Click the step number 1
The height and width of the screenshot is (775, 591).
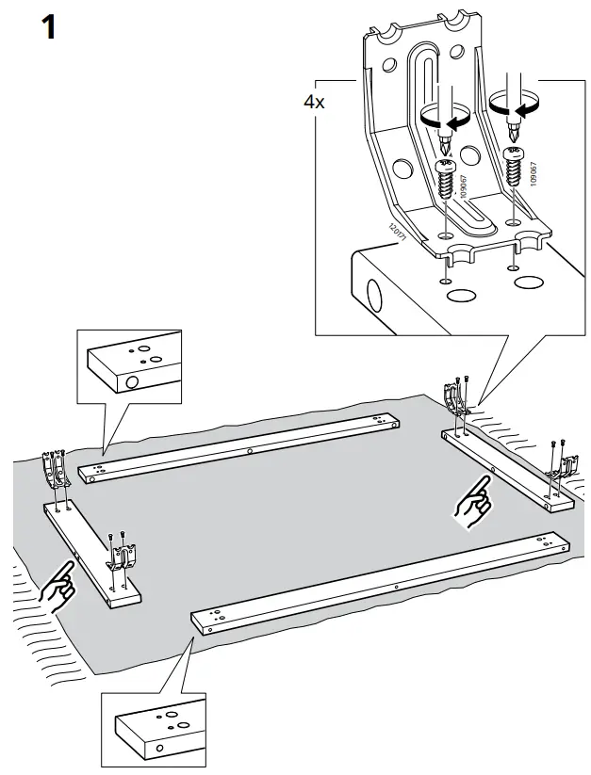click(44, 27)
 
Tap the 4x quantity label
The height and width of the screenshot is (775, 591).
click(314, 103)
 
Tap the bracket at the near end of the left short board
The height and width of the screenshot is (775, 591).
click(122, 560)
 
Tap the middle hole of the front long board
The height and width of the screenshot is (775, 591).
click(397, 584)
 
